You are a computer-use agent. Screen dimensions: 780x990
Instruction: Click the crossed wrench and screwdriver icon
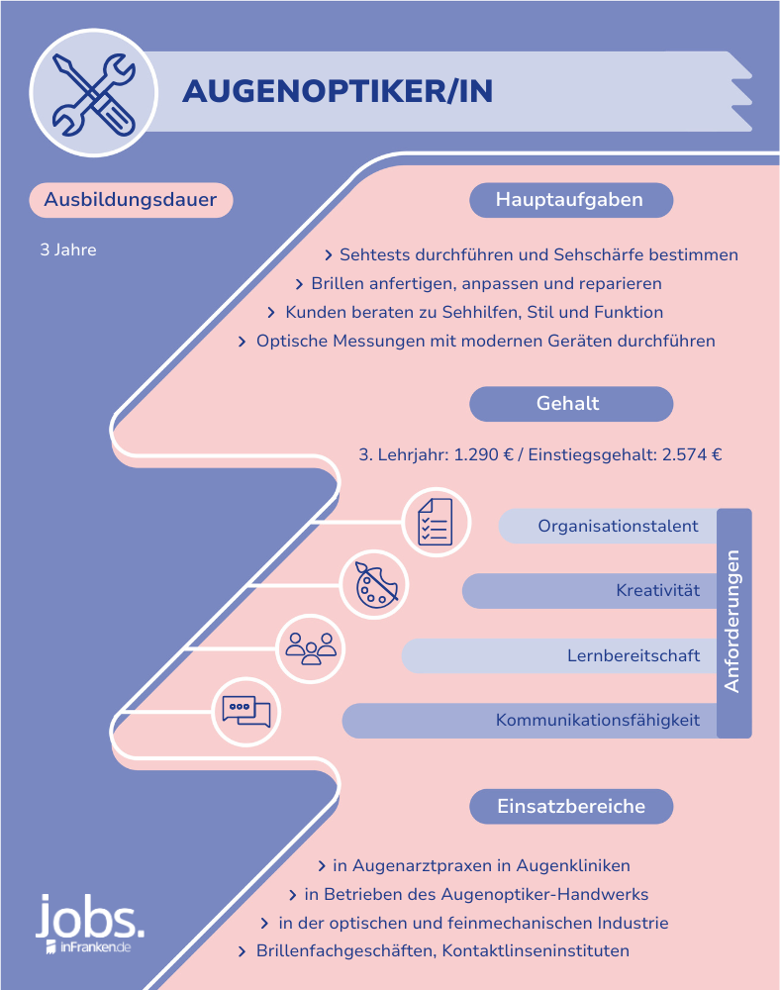tap(93, 93)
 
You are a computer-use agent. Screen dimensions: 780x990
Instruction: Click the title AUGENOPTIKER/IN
tap(338, 91)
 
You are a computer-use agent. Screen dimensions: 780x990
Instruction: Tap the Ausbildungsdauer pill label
tap(131, 200)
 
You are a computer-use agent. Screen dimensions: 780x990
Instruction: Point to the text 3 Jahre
tap(68, 250)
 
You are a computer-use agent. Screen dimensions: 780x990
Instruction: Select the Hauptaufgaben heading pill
tap(571, 200)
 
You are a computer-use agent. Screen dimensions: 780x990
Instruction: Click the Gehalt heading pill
tap(571, 404)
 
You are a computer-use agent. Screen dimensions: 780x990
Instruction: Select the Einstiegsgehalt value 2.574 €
tap(692, 454)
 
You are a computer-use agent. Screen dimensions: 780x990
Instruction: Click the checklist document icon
tap(436, 522)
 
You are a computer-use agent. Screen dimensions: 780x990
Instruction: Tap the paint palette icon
tap(376, 585)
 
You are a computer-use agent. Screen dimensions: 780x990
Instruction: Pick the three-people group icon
tap(311, 648)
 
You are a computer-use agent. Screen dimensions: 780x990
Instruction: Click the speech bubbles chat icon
tap(246, 712)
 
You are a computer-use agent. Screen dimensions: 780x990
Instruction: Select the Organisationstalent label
tap(618, 526)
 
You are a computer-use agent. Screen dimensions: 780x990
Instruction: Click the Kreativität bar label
tap(657, 590)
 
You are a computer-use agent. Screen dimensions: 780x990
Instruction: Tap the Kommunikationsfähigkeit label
tap(598, 721)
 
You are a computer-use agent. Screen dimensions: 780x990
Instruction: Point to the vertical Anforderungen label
tap(732, 622)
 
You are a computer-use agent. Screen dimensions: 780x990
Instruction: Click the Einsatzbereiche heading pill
tap(571, 806)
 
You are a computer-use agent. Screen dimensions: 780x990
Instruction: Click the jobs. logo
tap(90, 923)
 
